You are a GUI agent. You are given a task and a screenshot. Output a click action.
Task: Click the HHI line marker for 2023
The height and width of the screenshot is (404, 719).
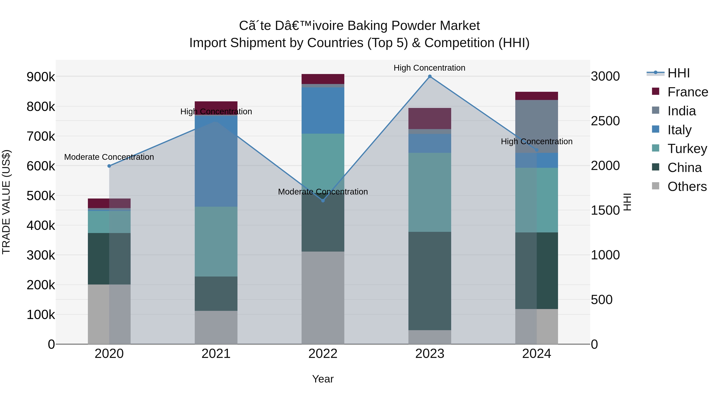tap(430, 76)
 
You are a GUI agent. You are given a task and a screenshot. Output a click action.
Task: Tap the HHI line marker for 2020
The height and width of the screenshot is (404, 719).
tap(109, 166)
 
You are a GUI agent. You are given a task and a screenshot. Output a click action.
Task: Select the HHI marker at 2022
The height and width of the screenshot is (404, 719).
tap(323, 201)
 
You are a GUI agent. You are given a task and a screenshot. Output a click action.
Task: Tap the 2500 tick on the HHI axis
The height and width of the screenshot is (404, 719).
tap(605, 121)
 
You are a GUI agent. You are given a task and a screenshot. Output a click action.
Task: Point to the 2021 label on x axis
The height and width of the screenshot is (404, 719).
tap(216, 354)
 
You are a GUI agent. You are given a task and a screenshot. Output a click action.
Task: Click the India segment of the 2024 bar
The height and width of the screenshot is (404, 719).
tap(536, 126)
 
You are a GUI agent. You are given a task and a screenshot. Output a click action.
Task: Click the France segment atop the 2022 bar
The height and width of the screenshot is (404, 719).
tap(323, 79)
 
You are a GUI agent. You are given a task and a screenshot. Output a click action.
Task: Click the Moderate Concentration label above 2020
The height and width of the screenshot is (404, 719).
tap(109, 157)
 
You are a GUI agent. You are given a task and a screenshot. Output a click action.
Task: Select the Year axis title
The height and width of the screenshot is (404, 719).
tap(323, 379)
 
